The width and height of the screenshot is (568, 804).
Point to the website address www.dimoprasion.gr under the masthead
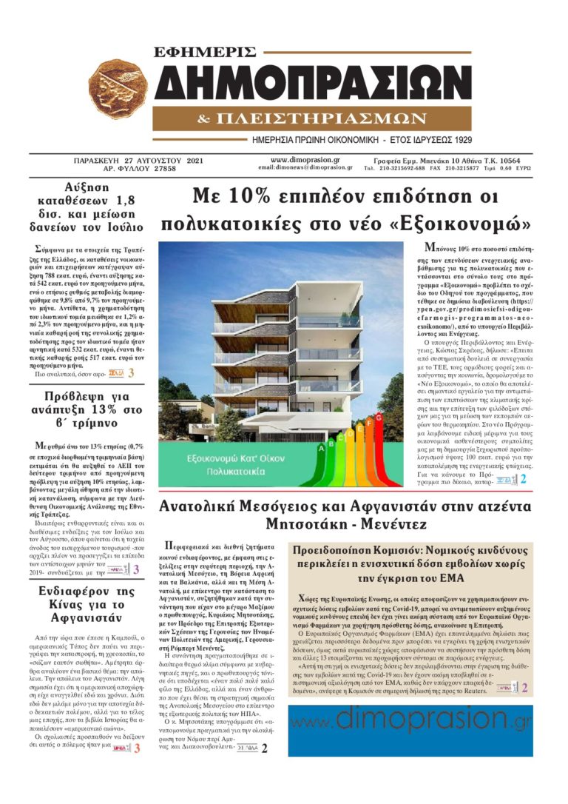(x=305, y=159)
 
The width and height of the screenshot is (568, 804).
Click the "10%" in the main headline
(x=264, y=196)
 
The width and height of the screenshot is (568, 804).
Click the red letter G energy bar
(x=378, y=420)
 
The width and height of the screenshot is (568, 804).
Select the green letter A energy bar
(x=322, y=446)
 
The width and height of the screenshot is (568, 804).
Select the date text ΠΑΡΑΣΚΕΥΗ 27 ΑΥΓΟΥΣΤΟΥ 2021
(x=130, y=159)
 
